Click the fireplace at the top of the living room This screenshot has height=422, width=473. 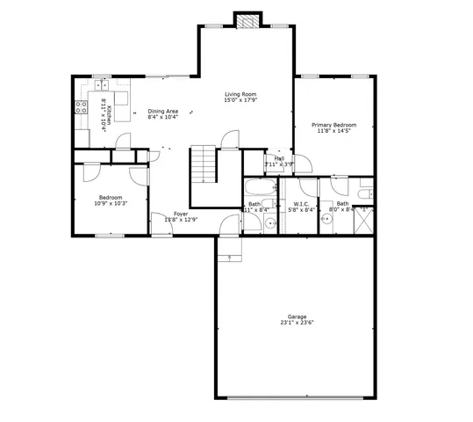[x=248, y=21]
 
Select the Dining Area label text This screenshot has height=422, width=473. [x=163, y=111]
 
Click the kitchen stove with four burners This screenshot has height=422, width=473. [x=82, y=108]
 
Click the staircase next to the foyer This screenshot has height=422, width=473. [x=204, y=164]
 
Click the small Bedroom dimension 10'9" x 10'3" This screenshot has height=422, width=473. [x=111, y=203]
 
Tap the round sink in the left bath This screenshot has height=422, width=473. [x=271, y=225]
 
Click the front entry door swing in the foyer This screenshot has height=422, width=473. [x=161, y=224]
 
